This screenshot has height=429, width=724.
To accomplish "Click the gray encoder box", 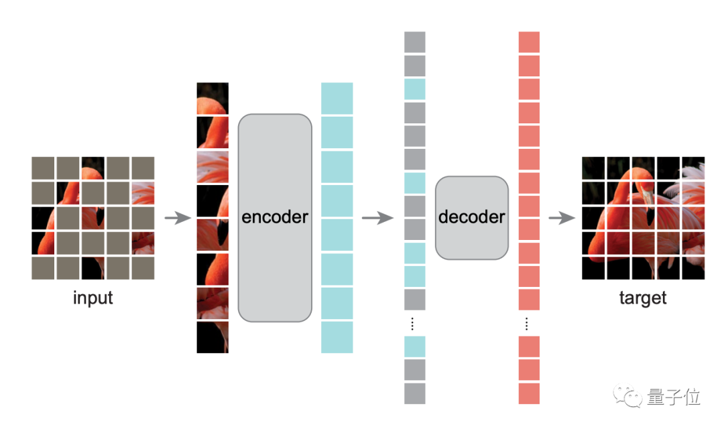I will pos(275,218).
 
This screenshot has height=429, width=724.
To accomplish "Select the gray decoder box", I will pos(472,217).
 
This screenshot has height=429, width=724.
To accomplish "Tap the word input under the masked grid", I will pos(93,298).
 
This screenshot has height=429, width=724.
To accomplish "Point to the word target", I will pos(643,298).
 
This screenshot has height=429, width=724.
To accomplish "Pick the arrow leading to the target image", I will pos(562,218).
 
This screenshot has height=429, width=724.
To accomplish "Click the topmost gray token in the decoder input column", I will pos(415,42).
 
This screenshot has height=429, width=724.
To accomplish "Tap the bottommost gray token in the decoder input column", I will pos(415,393).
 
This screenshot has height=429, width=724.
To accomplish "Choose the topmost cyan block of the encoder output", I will pos(337,99).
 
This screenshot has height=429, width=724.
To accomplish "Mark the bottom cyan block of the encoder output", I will pos(337,337).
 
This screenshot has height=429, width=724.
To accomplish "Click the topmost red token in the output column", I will pos(530,42).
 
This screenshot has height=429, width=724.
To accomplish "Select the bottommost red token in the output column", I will pos(530,393).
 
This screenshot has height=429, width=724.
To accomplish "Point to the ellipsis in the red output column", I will pos(527,324).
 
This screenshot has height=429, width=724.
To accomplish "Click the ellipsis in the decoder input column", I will pos(412,324).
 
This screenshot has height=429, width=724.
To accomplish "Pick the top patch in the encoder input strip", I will pos(213,99).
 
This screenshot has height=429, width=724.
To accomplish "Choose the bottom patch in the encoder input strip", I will pos(213,337).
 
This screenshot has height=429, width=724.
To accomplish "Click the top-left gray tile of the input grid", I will pos(42,168).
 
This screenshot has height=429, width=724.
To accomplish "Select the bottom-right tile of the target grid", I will pos(693,268).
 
